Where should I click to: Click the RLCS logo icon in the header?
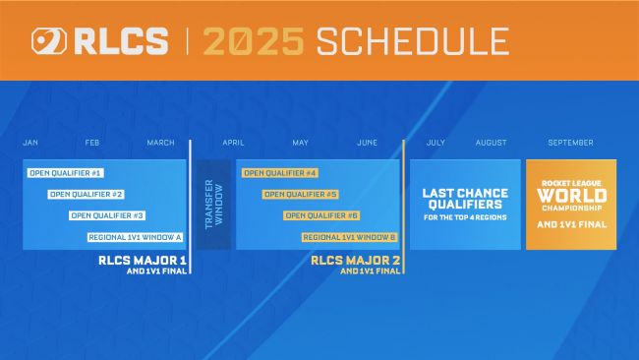pyautogui.click(x=47, y=41)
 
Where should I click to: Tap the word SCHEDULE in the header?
pyautogui.click(x=413, y=41)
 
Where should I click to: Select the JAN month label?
pyautogui.click(x=30, y=143)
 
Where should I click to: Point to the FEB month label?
pyautogui.click(x=92, y=143)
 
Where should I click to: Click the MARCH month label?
pyautogui.click(x=160, y=143)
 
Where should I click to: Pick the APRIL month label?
pyautogui.click(x=233, y=143)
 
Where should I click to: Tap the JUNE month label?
pyautogui.click(x=367, y=143)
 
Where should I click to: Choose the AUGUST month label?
pyautogui.click(x=491, y=143)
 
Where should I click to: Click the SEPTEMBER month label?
pyautogui.click(x=570, y=143)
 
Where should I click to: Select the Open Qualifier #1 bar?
pyautogui.click(x=65, y=173)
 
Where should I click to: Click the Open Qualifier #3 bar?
pyautogui.click(x=107, y=215)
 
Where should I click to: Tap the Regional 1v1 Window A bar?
pyautogui.click(x=136, y=237)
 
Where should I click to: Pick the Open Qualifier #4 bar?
pyautogui.click(x=279, y=173)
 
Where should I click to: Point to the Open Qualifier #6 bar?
pyautogui.click(x=321, y=215)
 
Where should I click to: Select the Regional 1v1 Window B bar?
pyautogui.click(x=349, y=237)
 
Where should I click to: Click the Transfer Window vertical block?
pyautogui.click(x=210, y=204)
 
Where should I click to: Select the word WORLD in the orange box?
pyautogui.click(x=571, y=195)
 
